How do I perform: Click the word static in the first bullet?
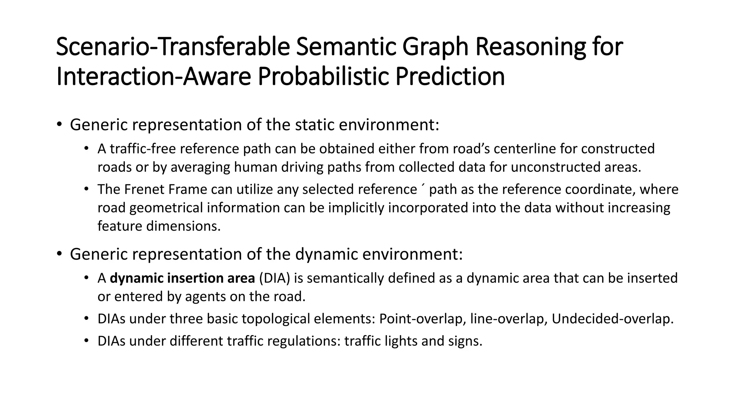click(x=314, y=125)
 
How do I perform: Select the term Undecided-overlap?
click(x=612, y=319)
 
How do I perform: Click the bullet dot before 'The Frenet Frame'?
click(x=86, y=189)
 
